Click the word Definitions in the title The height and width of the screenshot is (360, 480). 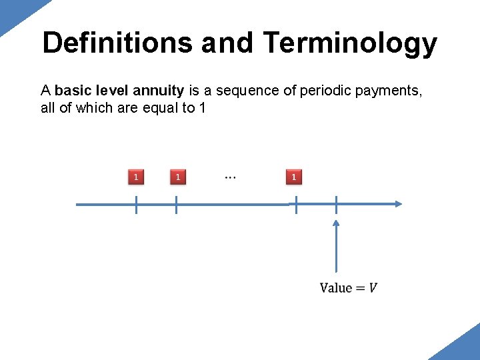(117, 43)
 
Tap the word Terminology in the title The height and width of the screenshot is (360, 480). (351, 43)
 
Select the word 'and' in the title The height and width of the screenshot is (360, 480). (227, 43)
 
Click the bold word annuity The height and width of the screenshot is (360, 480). (158, 90)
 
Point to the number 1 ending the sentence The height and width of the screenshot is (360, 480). (202, 107)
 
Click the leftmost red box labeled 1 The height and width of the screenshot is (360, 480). (136, 177)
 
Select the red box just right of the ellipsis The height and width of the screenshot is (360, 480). (294, 177)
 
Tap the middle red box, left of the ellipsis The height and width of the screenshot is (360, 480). (178, 177)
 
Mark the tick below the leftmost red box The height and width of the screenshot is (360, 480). (136, 205)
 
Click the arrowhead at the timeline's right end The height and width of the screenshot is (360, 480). (397, 204)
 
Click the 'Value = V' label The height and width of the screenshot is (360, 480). (349, 287)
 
